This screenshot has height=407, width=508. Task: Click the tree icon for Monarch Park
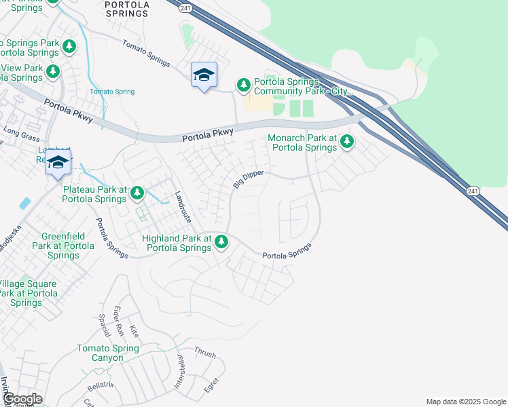[x=347, y=142]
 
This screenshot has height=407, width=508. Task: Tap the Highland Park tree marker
[x=221, y=241]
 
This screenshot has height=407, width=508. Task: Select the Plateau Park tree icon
[x=137, y=193]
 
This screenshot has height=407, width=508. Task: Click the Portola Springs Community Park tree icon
[x=243, y=85]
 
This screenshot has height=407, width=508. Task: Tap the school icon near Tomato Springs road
[x=204, y=75]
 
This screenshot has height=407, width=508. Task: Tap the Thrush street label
[x=204, y=353]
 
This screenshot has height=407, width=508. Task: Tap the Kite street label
[x=134, y=332]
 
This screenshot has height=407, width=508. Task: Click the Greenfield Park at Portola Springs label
[x=63, y=246]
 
